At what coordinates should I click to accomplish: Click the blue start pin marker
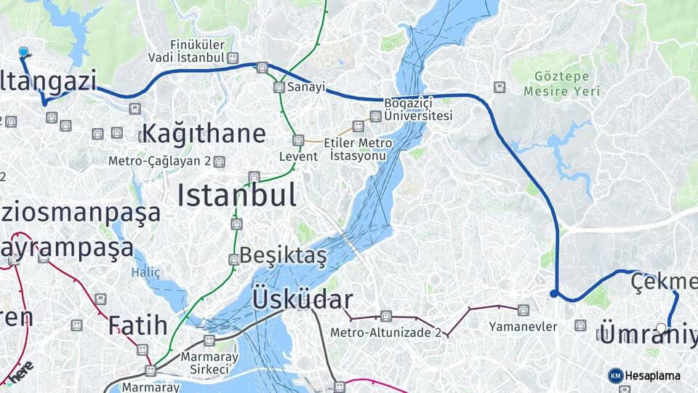click(23, 52)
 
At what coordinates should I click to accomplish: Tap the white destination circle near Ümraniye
click(660, 329)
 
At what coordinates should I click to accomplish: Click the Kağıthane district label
click(204, 134)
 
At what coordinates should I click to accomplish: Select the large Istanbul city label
click(236, 196)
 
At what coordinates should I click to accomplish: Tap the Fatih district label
click(138, 325)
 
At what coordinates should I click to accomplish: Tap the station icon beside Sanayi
click(278, 87)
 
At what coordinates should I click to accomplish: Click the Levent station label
click(298, 156)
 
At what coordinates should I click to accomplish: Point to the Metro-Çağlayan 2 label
click(159, 161)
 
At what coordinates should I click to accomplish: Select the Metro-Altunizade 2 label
click(385, 333)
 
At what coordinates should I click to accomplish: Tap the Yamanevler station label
click(523, 327)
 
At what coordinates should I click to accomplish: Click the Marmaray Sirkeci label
click(204, 363)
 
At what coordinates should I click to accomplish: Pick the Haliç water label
click(145, 272)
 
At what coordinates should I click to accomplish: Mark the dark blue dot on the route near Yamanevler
click(554, 294)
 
